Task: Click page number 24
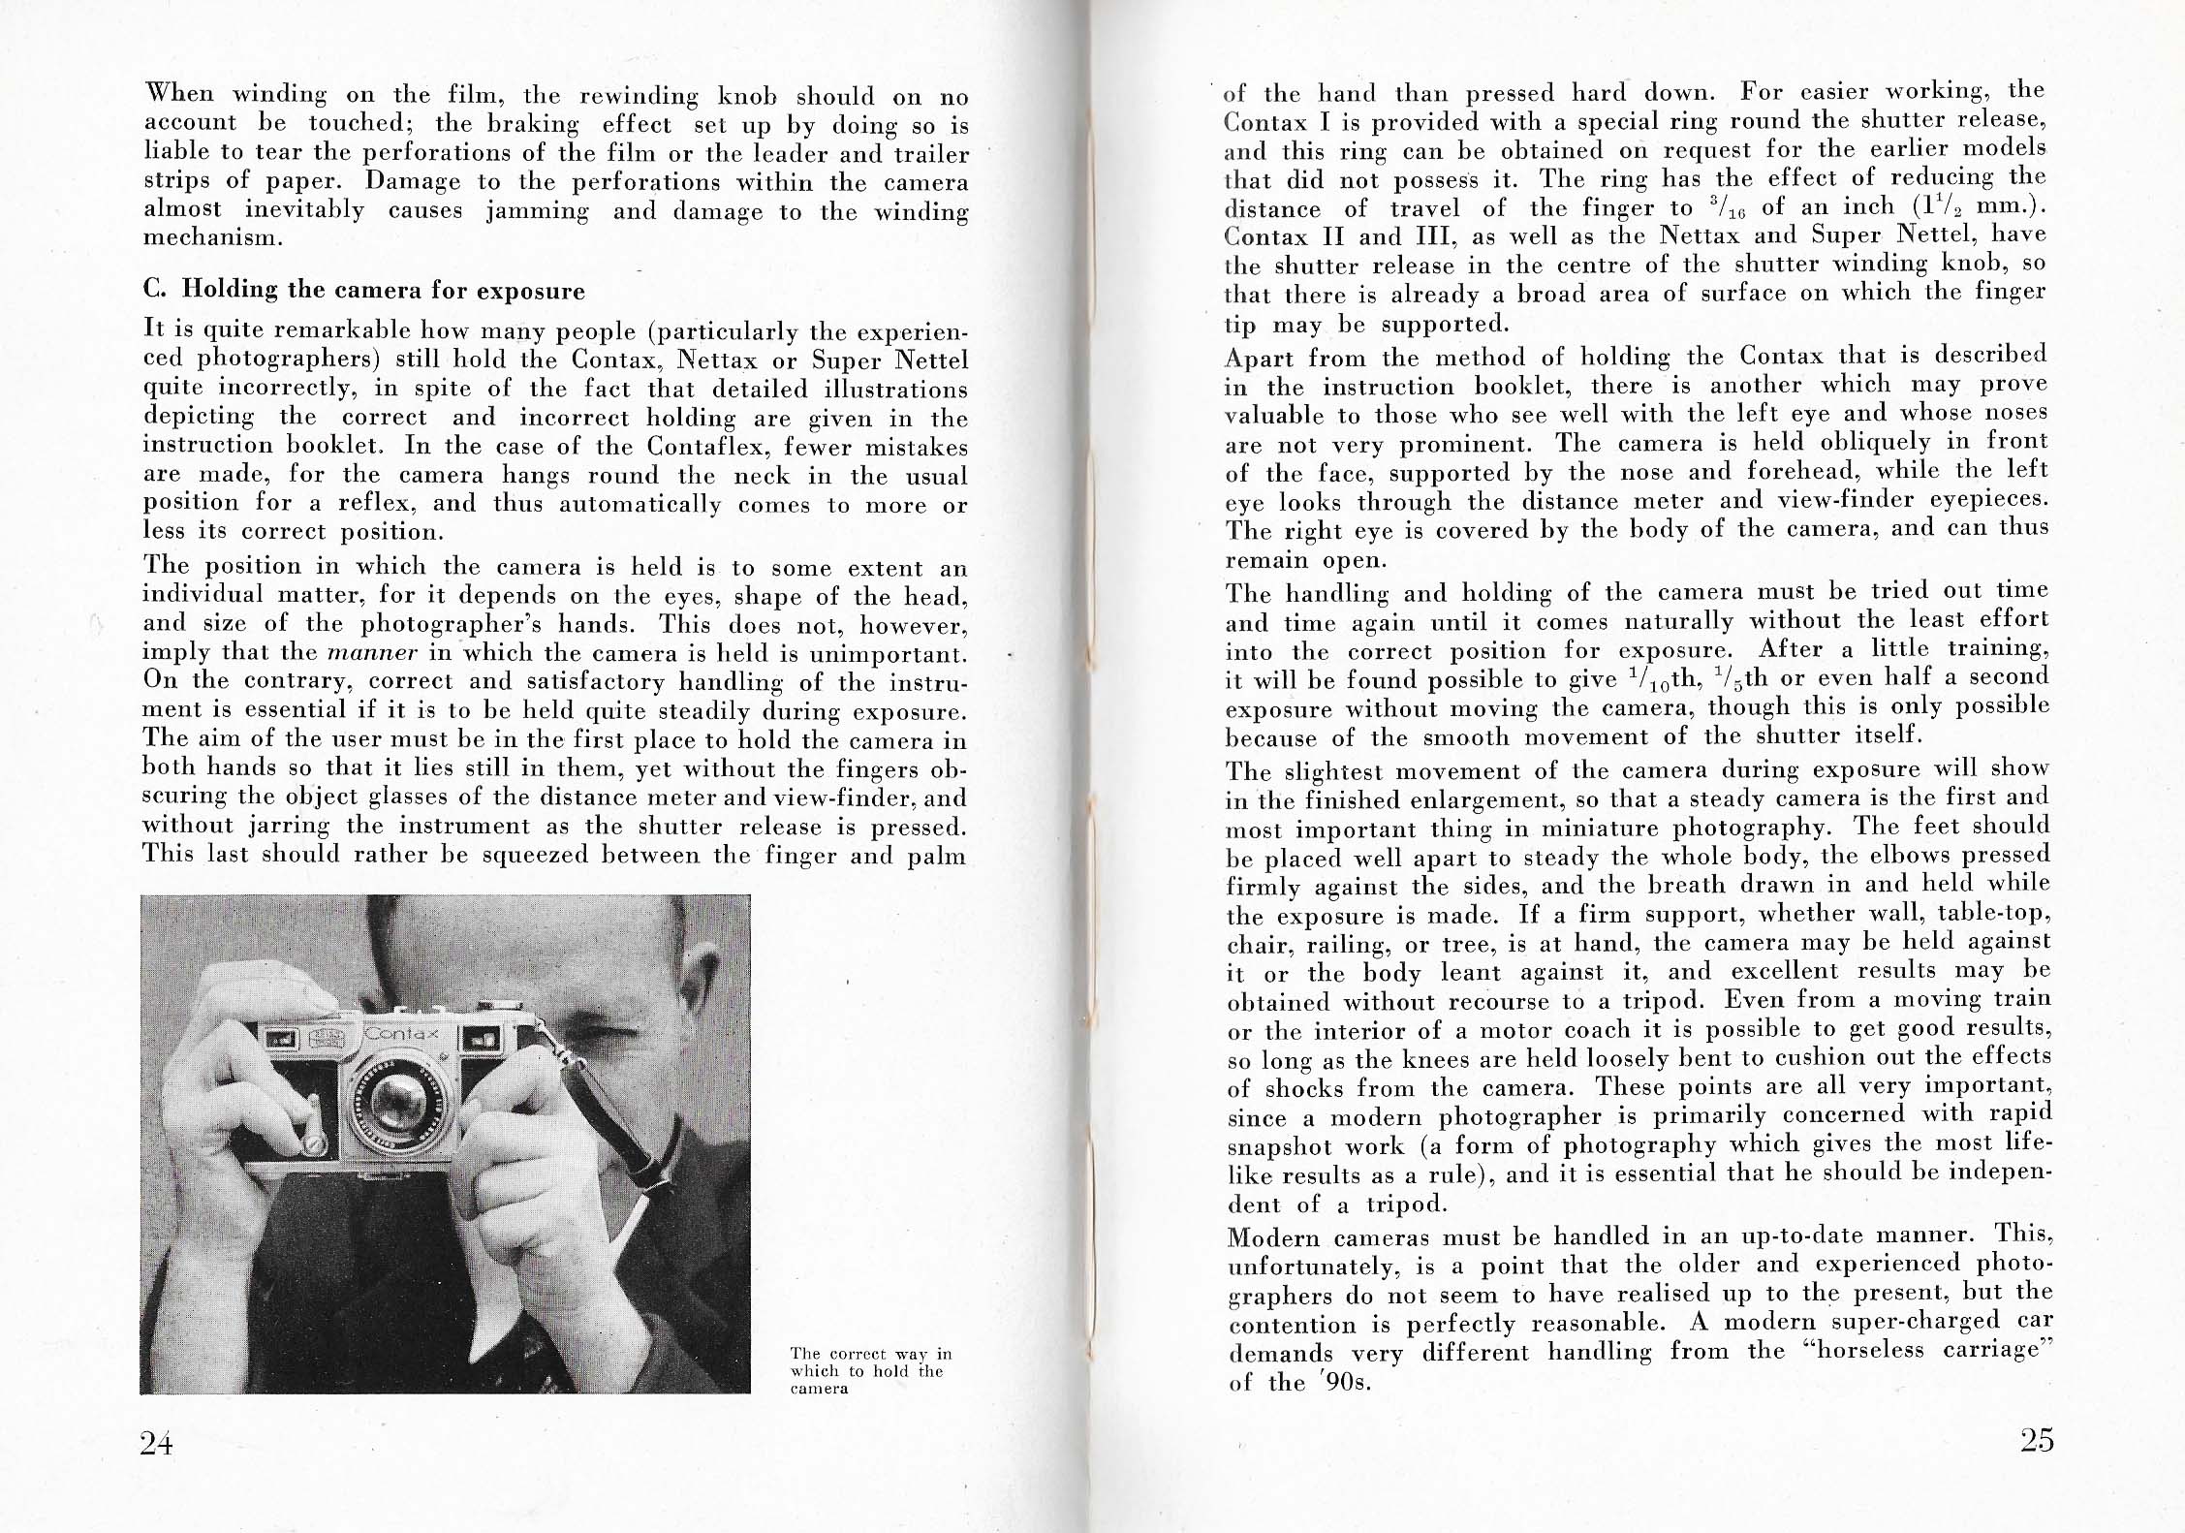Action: pyautogui.click(x=157, y=1443)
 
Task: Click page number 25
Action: pyautogui.click(x=2038, y=1440)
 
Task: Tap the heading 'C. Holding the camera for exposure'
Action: pyautogui.click(x=364, y=291)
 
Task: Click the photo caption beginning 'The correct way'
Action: pyautogui.click(x=871, y=1370)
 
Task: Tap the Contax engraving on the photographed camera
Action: pyautogui.click(x=401, y=1034)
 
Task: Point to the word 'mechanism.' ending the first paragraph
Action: pyautogui.click(x=213, y=238)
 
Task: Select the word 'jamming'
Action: pyautogui.click(x=538, y=210)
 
